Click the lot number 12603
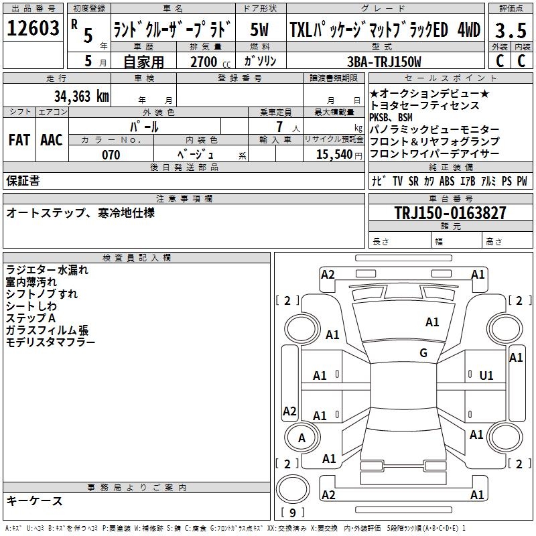pos(33,28)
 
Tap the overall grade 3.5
pos(511,30)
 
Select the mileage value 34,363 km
pos(82,96)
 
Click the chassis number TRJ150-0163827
pos(450,212)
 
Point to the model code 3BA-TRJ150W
pos(384,62)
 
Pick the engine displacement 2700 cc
pos(210,62)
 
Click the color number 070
pos(111,155)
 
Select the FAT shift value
pos(19,140)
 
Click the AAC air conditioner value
pos(52,140)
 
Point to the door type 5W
pos(259,29)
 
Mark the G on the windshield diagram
pos(423,352)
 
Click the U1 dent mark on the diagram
pos(486,375)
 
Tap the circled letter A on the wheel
pos(302,438)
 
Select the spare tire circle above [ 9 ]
pos(293,489)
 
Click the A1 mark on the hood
pos(432,322)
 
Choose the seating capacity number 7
pos(279,127)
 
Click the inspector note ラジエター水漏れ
pos(47,270)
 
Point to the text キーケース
pos(35,500)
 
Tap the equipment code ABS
pos(447,181)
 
